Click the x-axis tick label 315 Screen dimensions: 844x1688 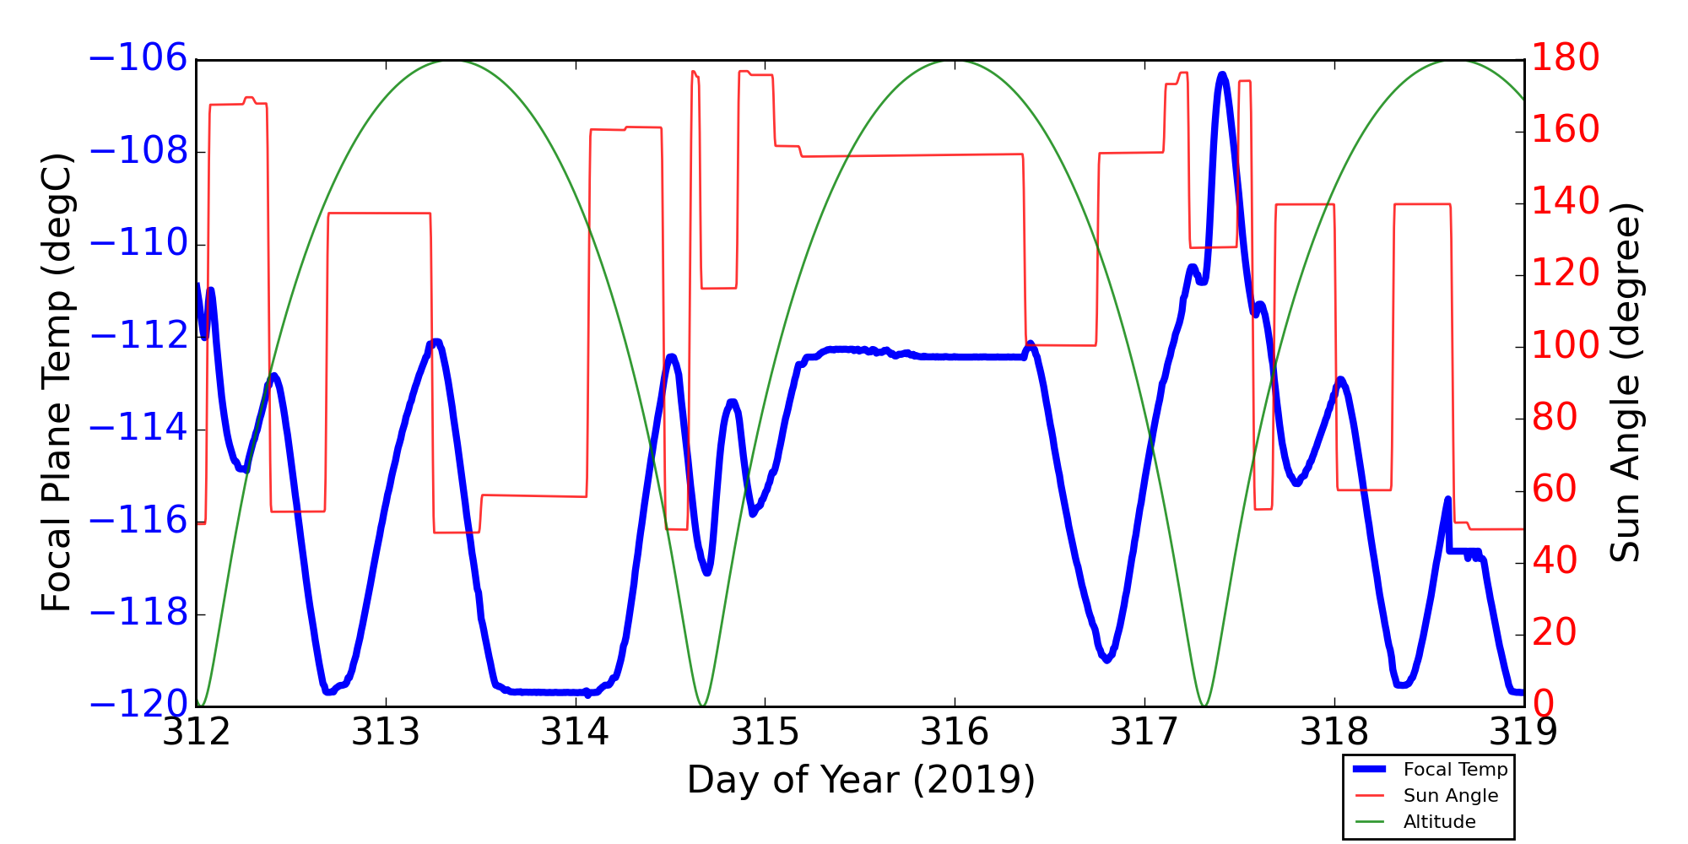point(765,733)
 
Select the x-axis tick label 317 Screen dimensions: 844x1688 point(1144,733)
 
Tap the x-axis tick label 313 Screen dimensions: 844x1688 point(386,733)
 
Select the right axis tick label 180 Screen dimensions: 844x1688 point(1566,58)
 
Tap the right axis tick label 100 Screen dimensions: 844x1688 point(1566,346)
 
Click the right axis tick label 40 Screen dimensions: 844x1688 point(1555,561)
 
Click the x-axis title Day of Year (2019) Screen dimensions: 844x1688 point(861,780)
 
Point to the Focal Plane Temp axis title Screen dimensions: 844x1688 point(57,382)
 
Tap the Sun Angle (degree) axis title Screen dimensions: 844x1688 point(1625,382)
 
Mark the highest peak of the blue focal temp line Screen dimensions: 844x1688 point(1221,75)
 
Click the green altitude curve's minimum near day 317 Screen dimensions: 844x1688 point(1204,705)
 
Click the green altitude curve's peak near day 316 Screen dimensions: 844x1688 point(955,61)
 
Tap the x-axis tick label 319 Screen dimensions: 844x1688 point(1523,733)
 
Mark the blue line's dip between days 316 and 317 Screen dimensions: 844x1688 point(1106,659)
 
